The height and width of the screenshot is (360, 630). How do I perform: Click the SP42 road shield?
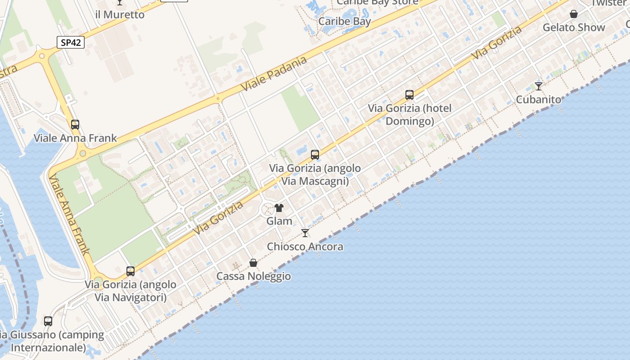pos(71,42)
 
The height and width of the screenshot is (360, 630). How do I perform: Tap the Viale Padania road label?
pos(274,74)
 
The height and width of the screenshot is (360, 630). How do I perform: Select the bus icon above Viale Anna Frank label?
pos(75,125)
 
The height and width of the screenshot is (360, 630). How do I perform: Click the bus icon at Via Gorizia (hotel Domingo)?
pos(409,95)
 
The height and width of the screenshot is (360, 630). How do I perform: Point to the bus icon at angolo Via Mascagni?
pos(315,155)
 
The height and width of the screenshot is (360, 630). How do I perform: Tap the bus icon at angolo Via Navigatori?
pos(130,271)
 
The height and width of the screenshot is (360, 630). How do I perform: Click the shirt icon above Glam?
pos(279,208)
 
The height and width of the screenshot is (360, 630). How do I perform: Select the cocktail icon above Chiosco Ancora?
pos(305,233)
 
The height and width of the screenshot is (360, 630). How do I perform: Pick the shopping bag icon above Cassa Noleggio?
pos(253,263)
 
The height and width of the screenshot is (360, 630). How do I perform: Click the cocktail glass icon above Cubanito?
pos(539,86)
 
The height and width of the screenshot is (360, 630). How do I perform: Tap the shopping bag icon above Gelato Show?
pos(574,14)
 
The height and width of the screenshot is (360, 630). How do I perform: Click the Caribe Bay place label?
pos(344,21)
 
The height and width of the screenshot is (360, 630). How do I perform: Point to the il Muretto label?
pos(120,14)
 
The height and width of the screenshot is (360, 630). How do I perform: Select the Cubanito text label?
pos(539,99)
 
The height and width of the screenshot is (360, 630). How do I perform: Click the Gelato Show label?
pos(574,27)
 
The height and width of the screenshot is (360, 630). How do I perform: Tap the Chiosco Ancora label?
pos(305,247)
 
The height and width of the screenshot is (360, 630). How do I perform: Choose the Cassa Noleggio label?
pos(253,276)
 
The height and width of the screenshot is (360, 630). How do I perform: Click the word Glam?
pos(279,221)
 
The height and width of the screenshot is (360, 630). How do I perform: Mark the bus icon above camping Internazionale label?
pos(48,321)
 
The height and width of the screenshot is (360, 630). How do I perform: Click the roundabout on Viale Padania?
pos(218,98)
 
